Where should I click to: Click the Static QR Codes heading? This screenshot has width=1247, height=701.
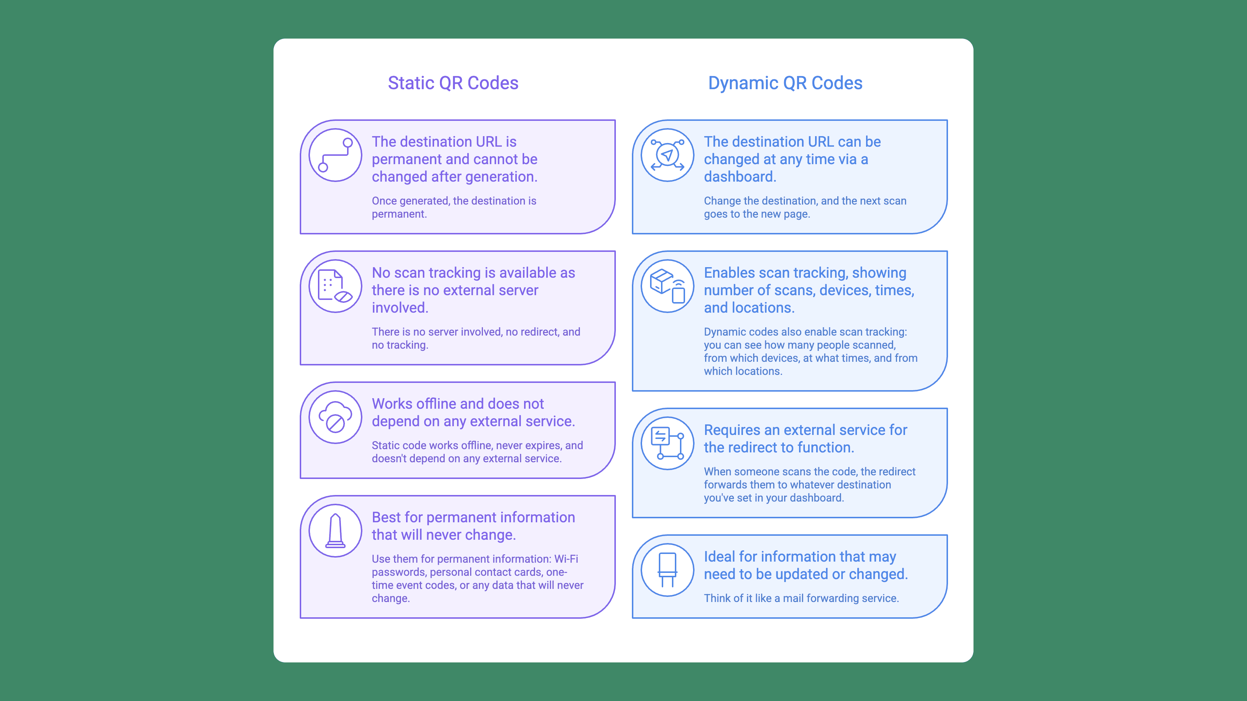[453, 83]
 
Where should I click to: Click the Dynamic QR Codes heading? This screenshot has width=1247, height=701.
[785, 83]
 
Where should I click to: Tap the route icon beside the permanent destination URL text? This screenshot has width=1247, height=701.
[335, 155]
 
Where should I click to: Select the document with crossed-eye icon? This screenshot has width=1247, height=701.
[335, 286]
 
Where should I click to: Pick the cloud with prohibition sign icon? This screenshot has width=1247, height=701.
[335, 417]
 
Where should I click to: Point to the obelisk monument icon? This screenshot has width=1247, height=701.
[335, 531]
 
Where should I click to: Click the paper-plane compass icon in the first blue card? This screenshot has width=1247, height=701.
[667, 155]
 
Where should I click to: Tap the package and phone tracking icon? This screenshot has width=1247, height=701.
[667, 286]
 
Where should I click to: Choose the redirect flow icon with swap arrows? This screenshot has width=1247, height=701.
[667, 443]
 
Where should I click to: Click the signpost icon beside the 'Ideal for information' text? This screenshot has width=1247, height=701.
[667, 570]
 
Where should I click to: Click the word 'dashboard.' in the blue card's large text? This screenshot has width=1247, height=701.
[740, 177]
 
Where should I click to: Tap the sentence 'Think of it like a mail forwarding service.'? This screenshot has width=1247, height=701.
[801, 598]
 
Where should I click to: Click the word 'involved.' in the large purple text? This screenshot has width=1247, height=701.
[400, 308]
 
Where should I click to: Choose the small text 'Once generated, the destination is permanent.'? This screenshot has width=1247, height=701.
[453, 207]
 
